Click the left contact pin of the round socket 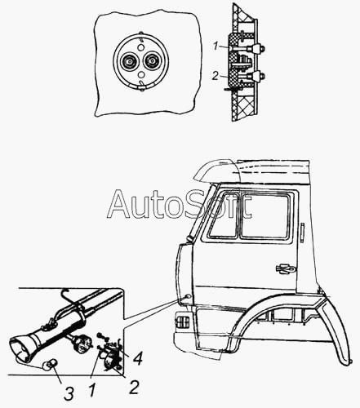(x=129, y=61)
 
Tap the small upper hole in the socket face (x=140, y=47)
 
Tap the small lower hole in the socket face (x=140, y=74)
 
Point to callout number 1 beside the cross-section (x=216, y=47)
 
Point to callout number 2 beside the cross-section (x=215, y=76)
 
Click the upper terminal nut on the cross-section (x=258, y=49)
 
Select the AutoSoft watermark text (x=179, y=204)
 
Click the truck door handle (x=286, y=268)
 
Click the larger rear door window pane (x=264, y=215)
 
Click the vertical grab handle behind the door (x=302, y=233)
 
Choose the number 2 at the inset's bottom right (x=134, y=387)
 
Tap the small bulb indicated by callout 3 (x=49, y=365)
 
